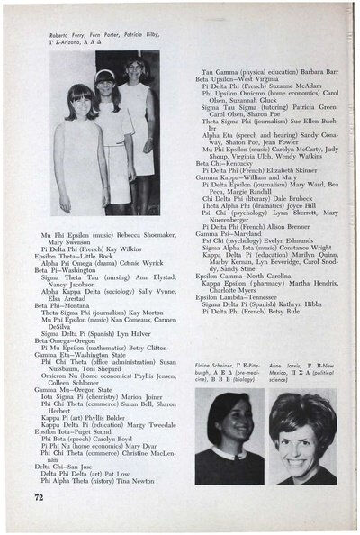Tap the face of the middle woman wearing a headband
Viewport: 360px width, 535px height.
106,82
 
